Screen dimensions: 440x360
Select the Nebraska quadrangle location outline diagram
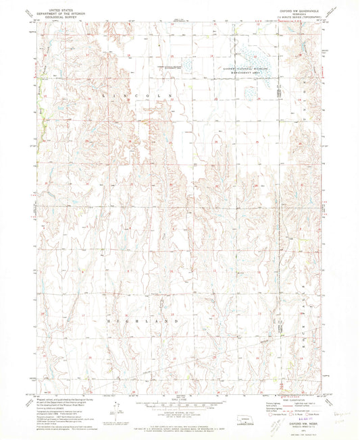pos(257,419)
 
